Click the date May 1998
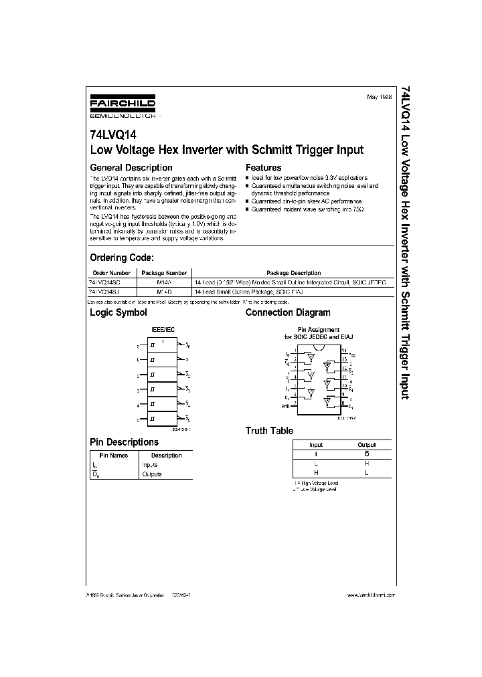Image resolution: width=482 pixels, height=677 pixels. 380,98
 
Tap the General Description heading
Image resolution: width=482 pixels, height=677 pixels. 131,168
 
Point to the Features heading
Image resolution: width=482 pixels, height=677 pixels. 264,168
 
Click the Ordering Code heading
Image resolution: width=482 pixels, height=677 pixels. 122,258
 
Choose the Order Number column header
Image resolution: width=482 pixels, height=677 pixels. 111,273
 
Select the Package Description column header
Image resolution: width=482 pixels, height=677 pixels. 293,273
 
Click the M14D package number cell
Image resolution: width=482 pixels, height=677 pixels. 164,293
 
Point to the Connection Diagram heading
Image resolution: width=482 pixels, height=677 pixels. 288,312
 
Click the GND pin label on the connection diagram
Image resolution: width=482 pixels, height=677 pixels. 286,406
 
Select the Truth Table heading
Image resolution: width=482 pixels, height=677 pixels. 269,431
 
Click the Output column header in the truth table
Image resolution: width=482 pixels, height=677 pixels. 367,445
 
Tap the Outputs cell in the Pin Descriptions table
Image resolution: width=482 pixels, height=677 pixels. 152,474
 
